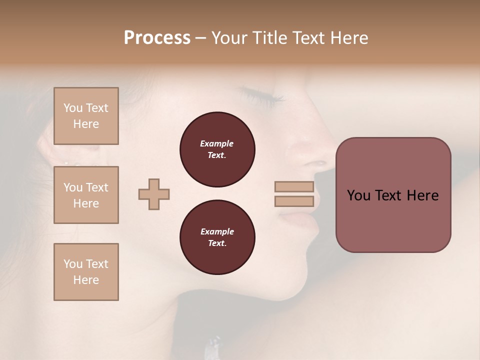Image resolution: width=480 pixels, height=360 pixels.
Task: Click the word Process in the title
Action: (157, 38)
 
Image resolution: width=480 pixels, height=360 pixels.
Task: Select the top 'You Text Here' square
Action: (86, 116)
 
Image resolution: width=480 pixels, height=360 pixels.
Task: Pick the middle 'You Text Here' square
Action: (86, 195)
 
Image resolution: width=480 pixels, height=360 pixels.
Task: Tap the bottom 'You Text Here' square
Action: (86, 271)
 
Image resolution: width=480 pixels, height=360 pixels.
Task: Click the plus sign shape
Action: (154, 194)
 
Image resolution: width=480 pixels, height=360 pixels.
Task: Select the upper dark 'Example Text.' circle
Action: (217, 149)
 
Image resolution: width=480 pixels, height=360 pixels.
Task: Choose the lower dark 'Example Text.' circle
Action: (217, 237)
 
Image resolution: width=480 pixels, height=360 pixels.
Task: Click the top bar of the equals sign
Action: (294, 186)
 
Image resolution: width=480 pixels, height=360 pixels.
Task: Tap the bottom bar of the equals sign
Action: (294, 201)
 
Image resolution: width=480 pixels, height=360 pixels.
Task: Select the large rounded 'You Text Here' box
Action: (393, 194)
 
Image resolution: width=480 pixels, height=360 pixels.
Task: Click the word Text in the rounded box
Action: (390, 195)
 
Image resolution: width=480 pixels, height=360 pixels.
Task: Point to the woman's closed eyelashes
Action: (260, 95)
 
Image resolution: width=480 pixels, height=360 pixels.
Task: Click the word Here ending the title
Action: (348, 38)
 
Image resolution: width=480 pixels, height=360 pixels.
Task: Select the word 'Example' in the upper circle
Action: (217, 143)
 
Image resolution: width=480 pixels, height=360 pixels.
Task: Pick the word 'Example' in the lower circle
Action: (217, 231)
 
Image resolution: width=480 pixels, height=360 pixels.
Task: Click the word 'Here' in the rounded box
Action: (422, 195)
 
